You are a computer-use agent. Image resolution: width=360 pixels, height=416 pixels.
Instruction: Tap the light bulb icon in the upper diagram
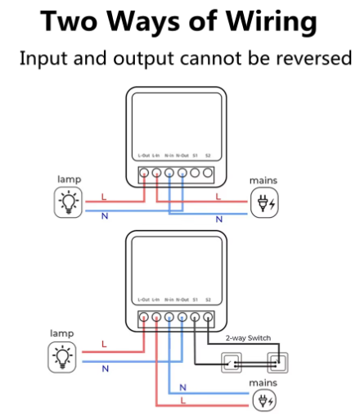pos(70,201)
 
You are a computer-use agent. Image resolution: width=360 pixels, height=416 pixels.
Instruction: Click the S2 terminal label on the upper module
pos(208,155)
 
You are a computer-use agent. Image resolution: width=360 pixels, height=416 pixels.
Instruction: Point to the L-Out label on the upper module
pos(144,155)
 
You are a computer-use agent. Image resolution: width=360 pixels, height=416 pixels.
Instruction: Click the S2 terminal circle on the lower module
pos(208,316)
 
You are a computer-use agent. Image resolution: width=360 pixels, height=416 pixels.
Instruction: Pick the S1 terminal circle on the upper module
pos(195,173)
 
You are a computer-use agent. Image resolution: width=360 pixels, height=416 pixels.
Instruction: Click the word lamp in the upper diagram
pos(69,179)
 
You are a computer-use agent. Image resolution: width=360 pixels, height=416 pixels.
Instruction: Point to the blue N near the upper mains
pos(218,219)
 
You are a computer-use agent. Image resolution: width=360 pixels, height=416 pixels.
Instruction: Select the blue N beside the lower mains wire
pos(182,387)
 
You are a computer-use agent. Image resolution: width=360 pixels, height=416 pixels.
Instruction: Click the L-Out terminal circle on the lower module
pos(144,316)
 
